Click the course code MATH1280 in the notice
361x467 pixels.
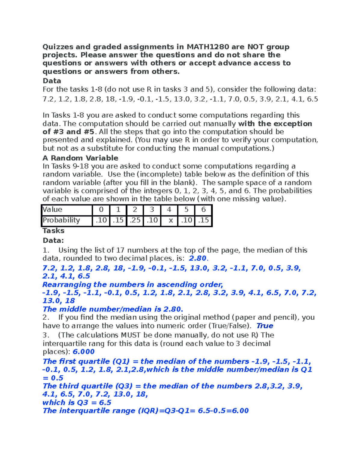208,47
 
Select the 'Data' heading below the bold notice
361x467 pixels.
52,81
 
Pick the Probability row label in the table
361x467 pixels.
61,220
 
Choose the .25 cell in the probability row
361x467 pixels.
135,220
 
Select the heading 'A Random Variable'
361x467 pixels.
80,158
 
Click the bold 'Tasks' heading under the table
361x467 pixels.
54,231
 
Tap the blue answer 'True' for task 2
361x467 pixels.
265,326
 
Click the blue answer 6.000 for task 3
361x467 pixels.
84,352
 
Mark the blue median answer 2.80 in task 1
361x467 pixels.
198,258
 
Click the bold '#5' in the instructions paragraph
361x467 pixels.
89,132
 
